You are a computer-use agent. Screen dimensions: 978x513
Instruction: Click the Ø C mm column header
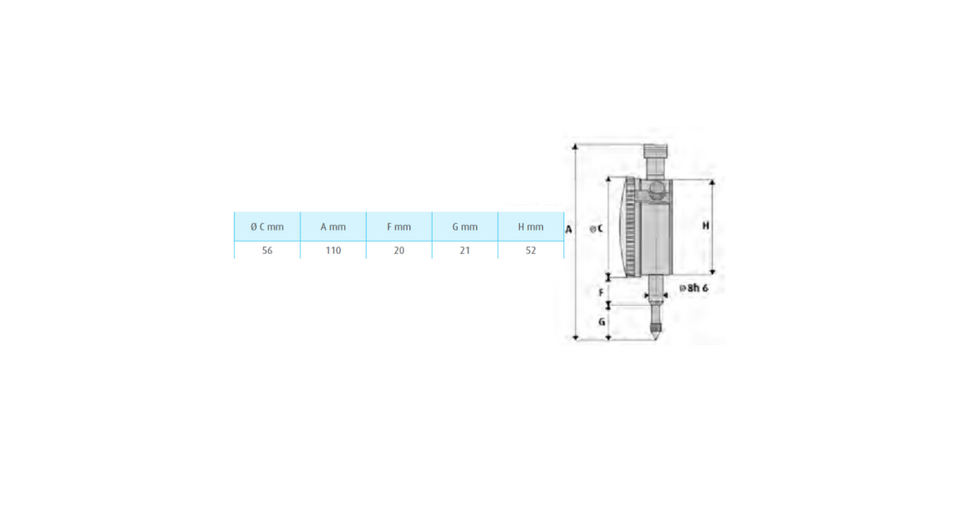click(x=267, y=227)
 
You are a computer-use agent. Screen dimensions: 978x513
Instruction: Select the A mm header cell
click(x=333, y=227)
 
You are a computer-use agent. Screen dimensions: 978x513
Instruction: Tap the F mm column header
click(x=399, y=227)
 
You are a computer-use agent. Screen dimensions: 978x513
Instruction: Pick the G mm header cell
click(x=465, y=227)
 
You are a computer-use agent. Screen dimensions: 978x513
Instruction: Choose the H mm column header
click(x=531, y=227)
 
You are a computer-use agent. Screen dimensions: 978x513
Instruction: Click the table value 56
click(x=267, y=251)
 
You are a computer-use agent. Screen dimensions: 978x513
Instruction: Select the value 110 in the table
click(x=333, y=251)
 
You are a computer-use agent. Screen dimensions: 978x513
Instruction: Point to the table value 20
click(x=399, y=251)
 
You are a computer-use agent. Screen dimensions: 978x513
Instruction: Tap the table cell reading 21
click(x=465, y=251)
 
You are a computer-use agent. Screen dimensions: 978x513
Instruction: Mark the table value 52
click(x=531, y=251)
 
